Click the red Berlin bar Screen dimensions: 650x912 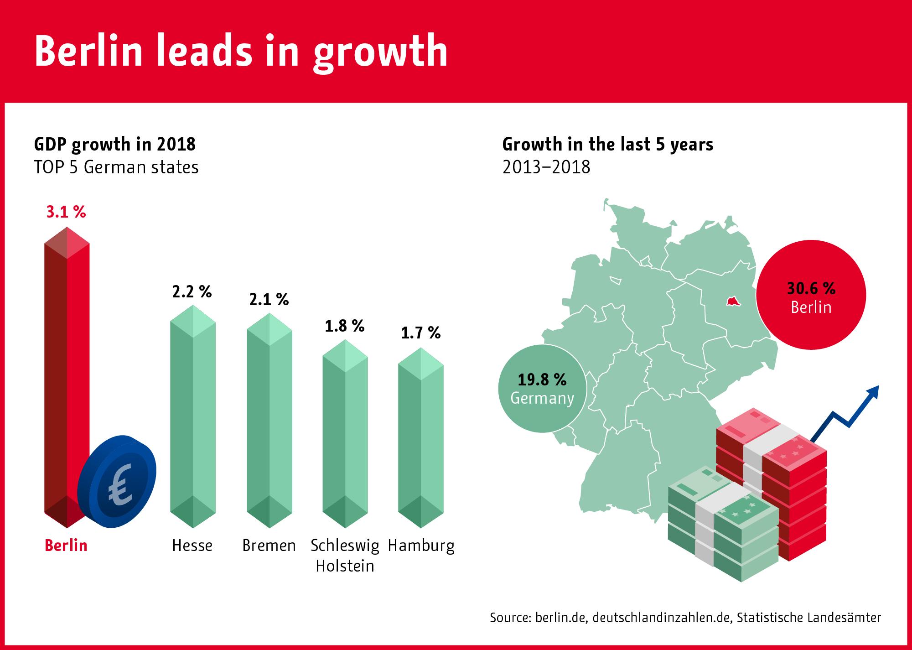pos(67,365)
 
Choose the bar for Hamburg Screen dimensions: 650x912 pos(420,438)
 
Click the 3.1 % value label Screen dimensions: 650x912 pos(66,212)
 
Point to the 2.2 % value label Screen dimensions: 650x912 pos(192,292)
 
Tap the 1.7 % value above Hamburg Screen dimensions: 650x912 pos(420,333)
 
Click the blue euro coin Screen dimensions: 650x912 pos(117,482)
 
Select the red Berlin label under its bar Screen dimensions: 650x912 pos(66,546)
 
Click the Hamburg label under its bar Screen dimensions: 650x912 pos(421,546)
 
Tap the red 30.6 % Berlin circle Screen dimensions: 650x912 pos(811,295)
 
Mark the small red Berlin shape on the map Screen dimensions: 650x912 pos(733,302)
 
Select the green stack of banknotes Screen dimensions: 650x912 pos(723,525)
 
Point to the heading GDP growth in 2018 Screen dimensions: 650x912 pos(115,144)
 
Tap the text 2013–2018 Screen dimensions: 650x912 pos(546,167)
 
